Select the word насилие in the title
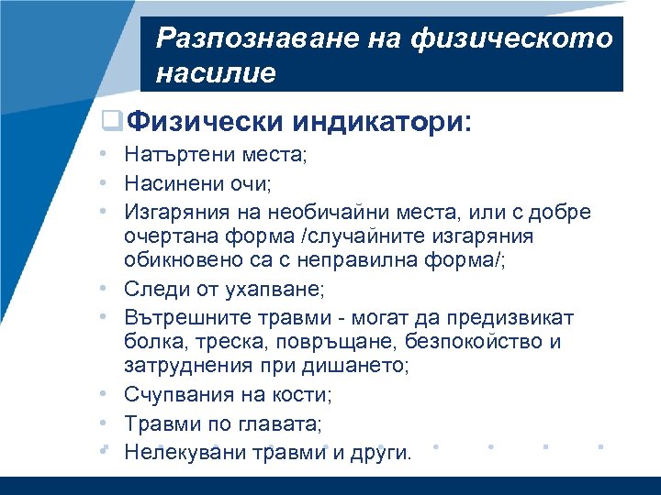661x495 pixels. pyautogui.click(x=215, y=72)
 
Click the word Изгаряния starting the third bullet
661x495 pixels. pyautogui.click(x=178, y=213)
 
